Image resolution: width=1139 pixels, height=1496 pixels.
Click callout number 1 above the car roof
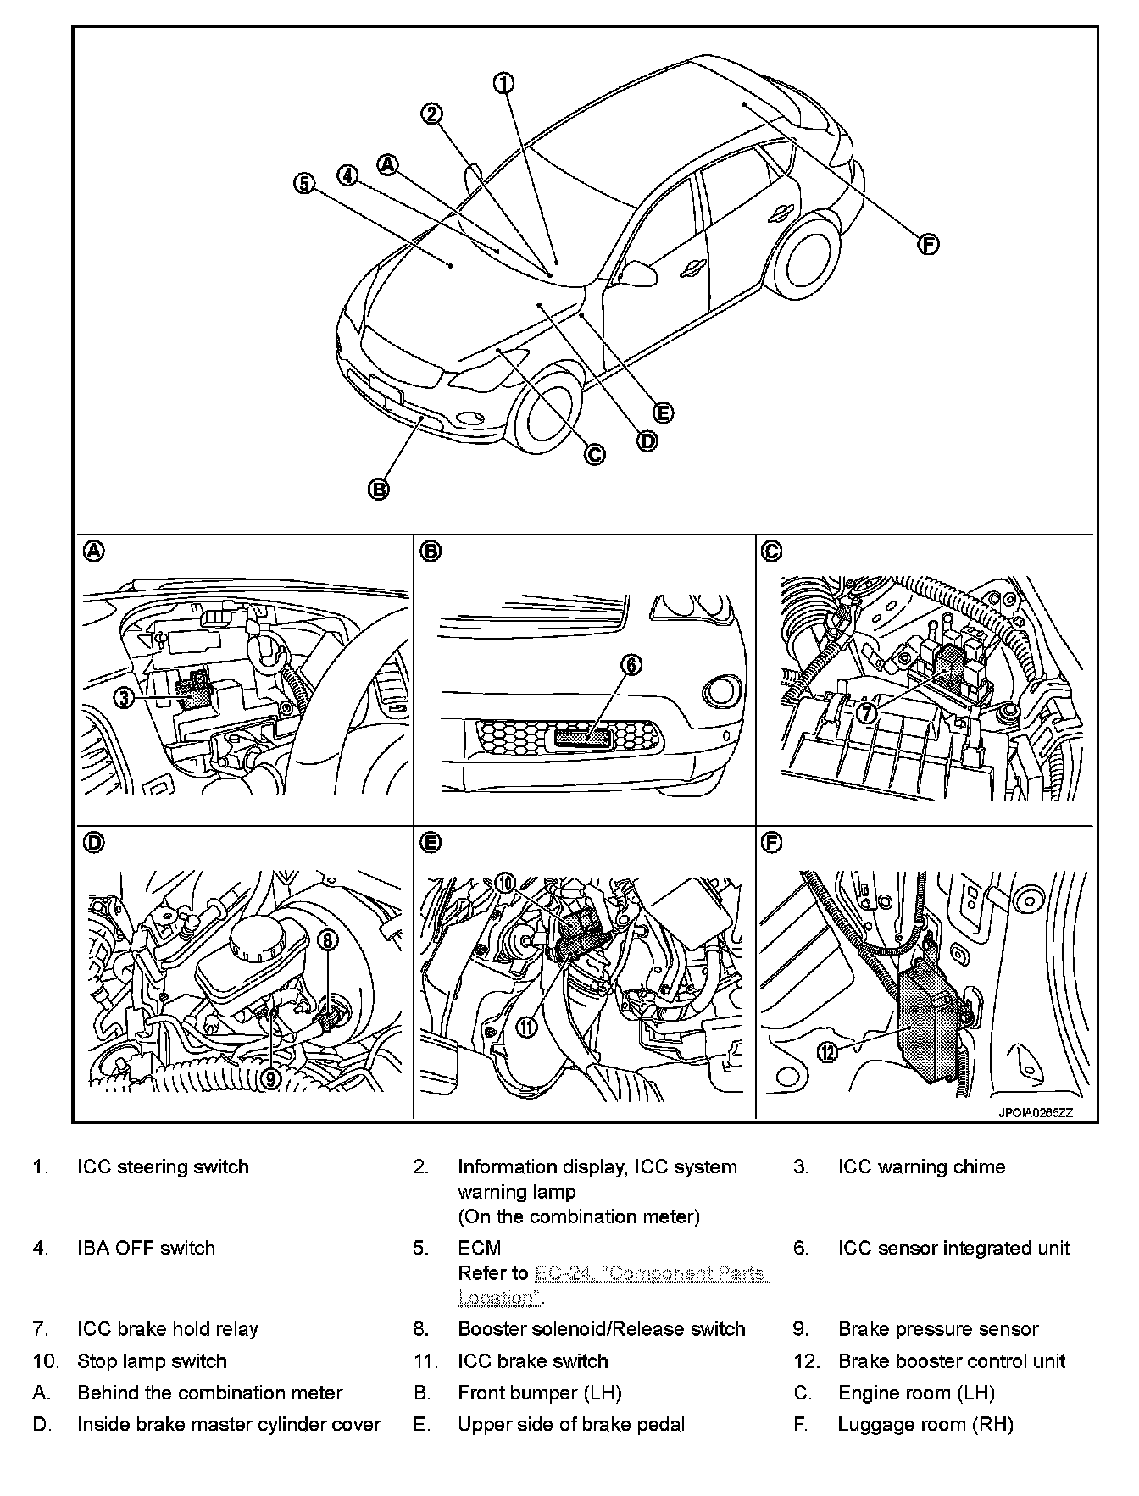point(504,82)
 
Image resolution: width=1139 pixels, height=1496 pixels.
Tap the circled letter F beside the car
point(929,244)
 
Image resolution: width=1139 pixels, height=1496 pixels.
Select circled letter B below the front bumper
point(379,489)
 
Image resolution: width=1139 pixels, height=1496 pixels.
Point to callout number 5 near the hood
point(304,183)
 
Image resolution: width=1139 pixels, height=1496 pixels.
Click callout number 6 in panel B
point(632,665)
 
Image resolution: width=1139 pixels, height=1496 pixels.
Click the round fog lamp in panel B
point(721,691)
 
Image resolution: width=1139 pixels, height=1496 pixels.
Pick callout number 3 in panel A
point(125,698)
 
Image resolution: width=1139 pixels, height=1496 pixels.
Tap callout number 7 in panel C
point(866,713)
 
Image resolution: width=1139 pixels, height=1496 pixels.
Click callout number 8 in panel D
point(329,939)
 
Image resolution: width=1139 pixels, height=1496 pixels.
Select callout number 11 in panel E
point(526,1027)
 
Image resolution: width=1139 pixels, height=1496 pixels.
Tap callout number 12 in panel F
point(827,1051)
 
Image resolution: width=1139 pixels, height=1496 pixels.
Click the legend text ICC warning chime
point(921,1166)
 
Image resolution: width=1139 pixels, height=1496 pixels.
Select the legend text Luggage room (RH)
point(925,1424)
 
